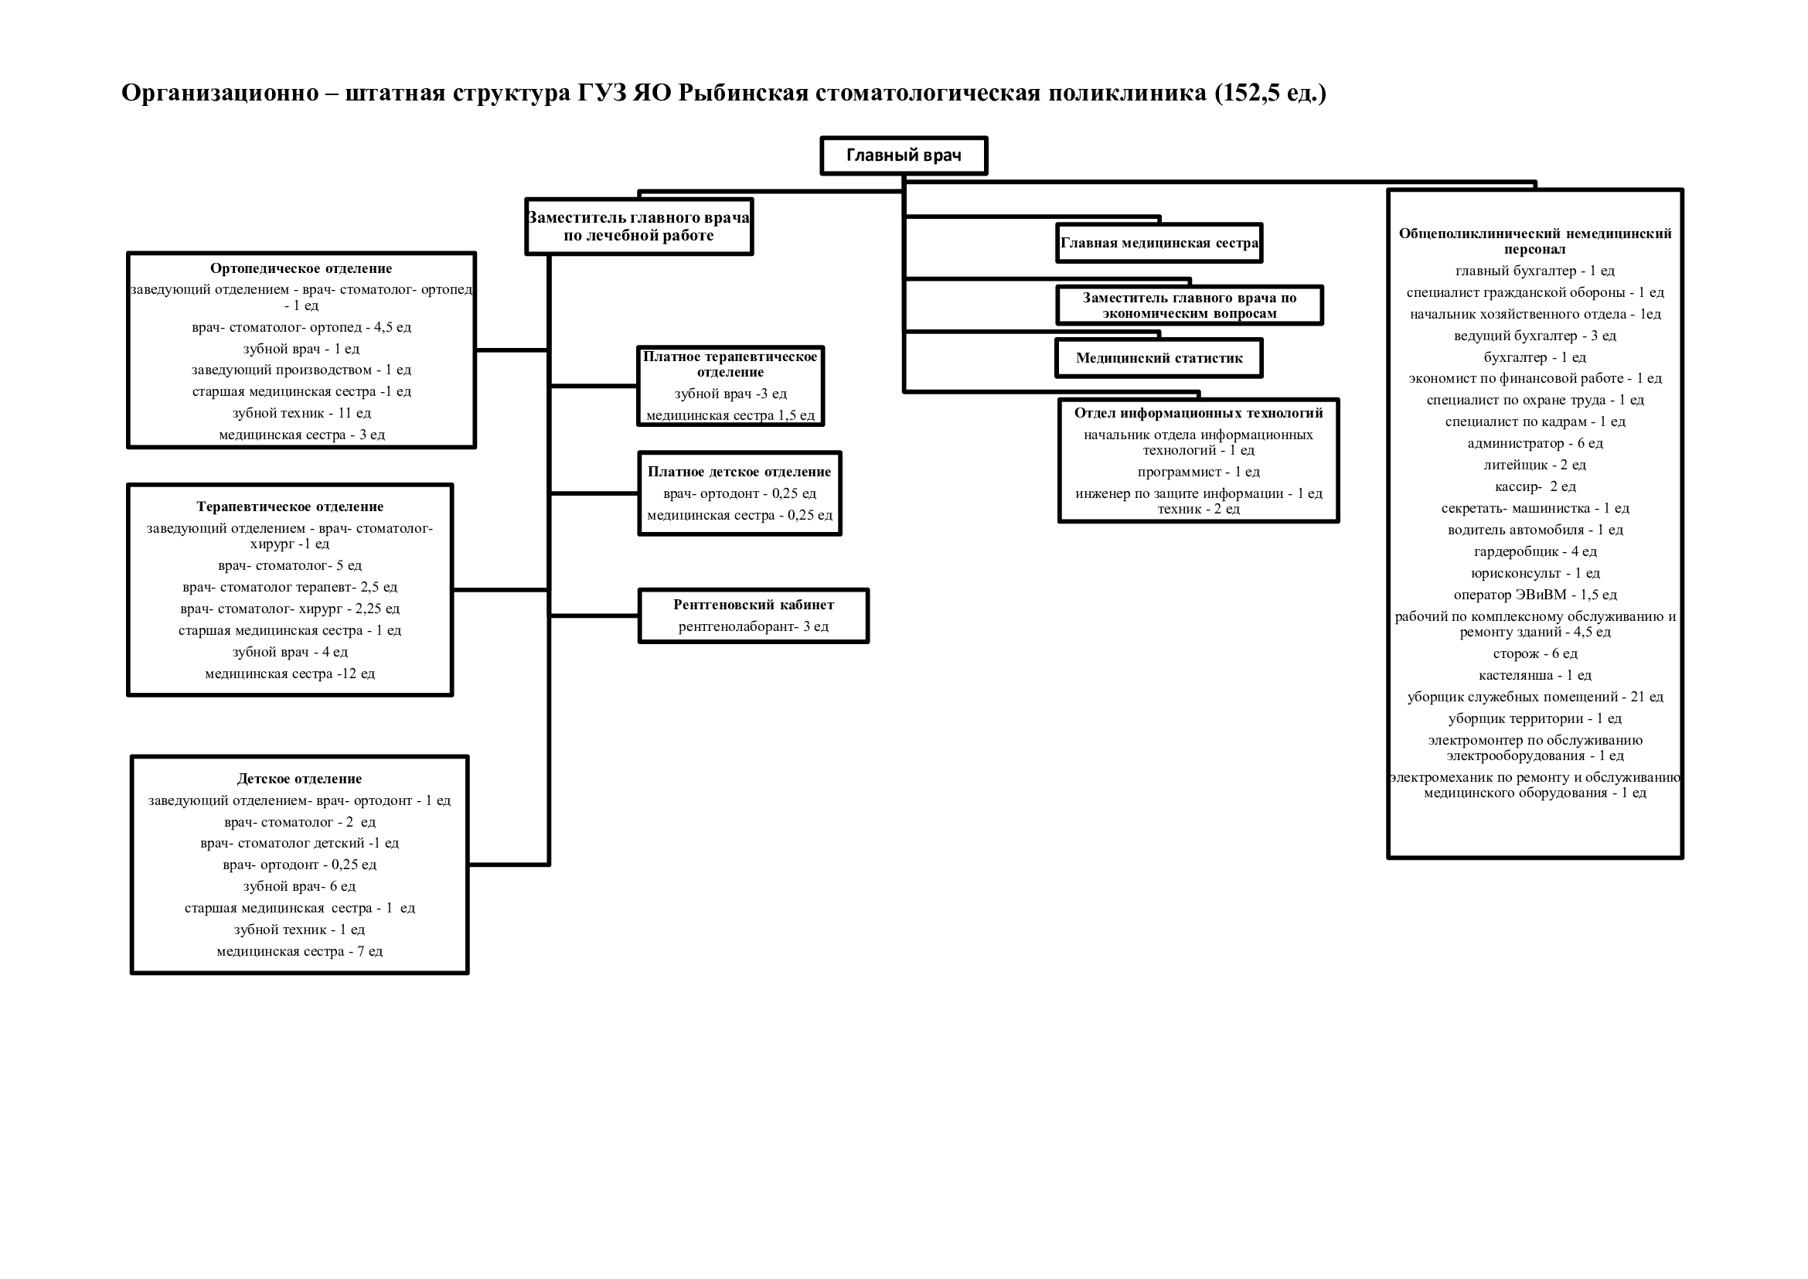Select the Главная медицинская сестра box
(1159, 243)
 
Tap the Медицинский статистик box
(1159, 358)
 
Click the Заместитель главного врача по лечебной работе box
(638, 227)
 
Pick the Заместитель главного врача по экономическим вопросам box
(1189, 305)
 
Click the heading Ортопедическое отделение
(301, 268)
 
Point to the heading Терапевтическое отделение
(290, 506)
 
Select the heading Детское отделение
(299, 779)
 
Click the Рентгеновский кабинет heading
(754, 605)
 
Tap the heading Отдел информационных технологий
(1199, 413)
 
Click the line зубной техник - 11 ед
(301, 413)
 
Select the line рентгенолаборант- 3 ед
(754, 627)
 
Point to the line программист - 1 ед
(1199, 472)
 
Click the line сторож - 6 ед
(1535, 653)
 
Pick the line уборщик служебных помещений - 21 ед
(1535, 697)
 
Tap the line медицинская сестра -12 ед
(290, 674)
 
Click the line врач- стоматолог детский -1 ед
(299, 844)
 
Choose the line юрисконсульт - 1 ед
(1535, 573)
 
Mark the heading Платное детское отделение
(740, 472)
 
